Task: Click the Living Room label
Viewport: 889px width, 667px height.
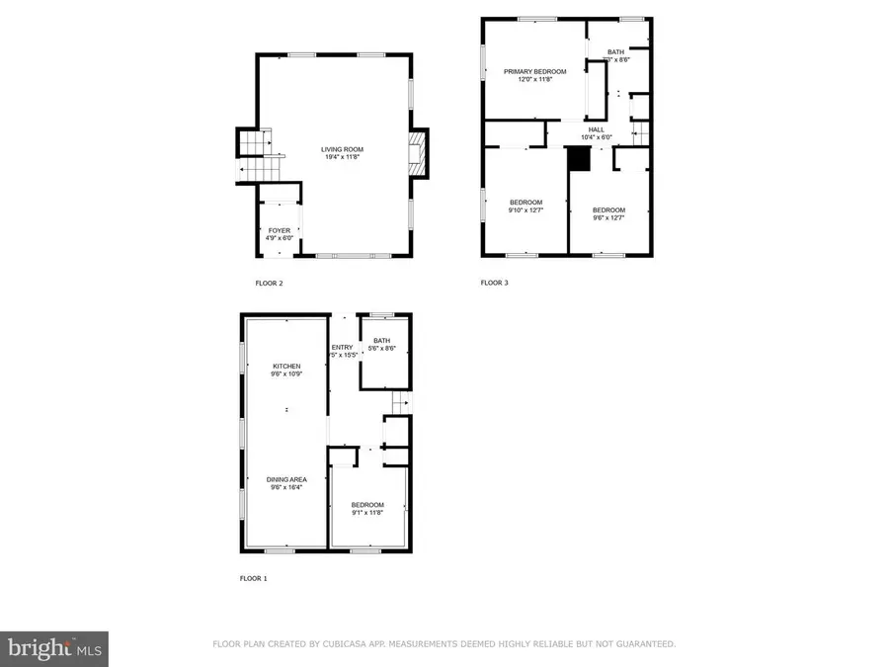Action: tap(335, 150)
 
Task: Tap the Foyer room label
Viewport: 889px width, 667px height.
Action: tap(280, 230)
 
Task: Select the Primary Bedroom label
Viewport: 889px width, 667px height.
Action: tap(534, 71)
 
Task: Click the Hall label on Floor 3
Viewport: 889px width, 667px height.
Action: tap(597, 128)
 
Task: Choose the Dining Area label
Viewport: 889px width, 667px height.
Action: tap(287, 479)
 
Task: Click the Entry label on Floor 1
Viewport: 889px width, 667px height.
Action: tap(343, 348)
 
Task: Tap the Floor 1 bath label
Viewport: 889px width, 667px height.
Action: tap(382, 340)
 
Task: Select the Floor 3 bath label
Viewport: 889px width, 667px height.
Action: tap(615, 52)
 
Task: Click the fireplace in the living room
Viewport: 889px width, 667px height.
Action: tap(419, 154)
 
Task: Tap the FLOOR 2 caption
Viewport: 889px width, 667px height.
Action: tap(269, 284)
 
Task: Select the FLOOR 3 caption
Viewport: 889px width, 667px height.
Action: tap(494, 283)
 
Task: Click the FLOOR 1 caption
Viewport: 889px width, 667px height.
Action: tap(253, 578)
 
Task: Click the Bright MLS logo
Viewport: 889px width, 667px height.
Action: tap(54, 648)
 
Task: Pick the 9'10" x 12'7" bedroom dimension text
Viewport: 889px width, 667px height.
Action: tap(525, 209)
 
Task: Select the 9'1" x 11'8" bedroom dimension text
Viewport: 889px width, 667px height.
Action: tap(366, 512)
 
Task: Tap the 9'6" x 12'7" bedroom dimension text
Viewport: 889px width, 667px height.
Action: tap(608, 217)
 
